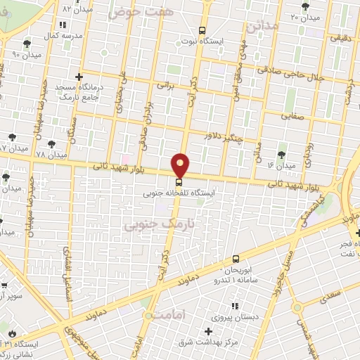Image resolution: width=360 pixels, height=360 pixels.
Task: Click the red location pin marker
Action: click(x=181, y=165)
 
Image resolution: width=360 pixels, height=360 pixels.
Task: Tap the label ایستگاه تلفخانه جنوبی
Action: click(x=180, y=191)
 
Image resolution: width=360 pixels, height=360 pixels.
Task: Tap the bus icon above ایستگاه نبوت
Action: click(x=202, y=31)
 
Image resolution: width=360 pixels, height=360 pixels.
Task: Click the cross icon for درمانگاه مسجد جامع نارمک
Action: click(x=79, y=77)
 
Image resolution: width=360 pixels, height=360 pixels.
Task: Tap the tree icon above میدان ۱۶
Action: click(x=281, y=154)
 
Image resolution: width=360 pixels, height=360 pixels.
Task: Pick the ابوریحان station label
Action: click(x=242, y=270)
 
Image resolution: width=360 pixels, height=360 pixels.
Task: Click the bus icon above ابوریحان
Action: click(x=235, y=259)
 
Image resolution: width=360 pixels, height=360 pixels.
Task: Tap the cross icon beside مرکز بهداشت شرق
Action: click(x=207, y=331)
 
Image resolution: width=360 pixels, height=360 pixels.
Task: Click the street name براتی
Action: click(x=165, y=84)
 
